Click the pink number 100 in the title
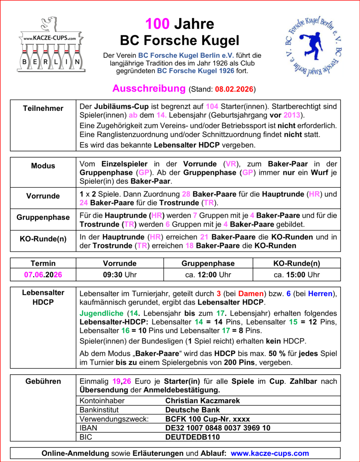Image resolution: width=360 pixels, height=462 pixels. coord(157,24)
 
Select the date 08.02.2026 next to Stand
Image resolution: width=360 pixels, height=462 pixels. coord(234,89)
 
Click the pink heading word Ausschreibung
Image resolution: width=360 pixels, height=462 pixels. coord(149,89)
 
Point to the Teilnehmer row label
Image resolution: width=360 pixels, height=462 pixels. coord(43,108)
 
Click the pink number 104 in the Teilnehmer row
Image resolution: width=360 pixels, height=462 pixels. coord(212,106)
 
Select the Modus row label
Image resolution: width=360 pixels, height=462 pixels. coord(43,166)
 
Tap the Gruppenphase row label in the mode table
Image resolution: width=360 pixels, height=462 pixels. coord(43,217)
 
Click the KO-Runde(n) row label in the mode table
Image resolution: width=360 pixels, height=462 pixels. coord(43,239)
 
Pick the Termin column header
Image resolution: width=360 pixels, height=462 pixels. coord(43,264)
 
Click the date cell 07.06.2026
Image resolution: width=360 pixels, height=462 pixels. coord(43,275)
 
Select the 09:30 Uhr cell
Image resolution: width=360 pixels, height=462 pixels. coord(120,275)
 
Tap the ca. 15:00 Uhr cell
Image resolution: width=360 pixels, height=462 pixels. coord(297,275)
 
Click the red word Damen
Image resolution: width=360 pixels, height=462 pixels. coord(251,294)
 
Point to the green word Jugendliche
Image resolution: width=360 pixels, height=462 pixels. coord(102,313)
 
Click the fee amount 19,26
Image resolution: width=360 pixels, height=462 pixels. coord(122,381)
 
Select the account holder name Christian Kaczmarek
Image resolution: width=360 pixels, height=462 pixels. coord(203,401)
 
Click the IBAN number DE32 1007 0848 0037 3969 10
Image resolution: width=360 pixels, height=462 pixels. coord(218,428)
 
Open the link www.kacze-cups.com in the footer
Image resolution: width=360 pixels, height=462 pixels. coord(270,453)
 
